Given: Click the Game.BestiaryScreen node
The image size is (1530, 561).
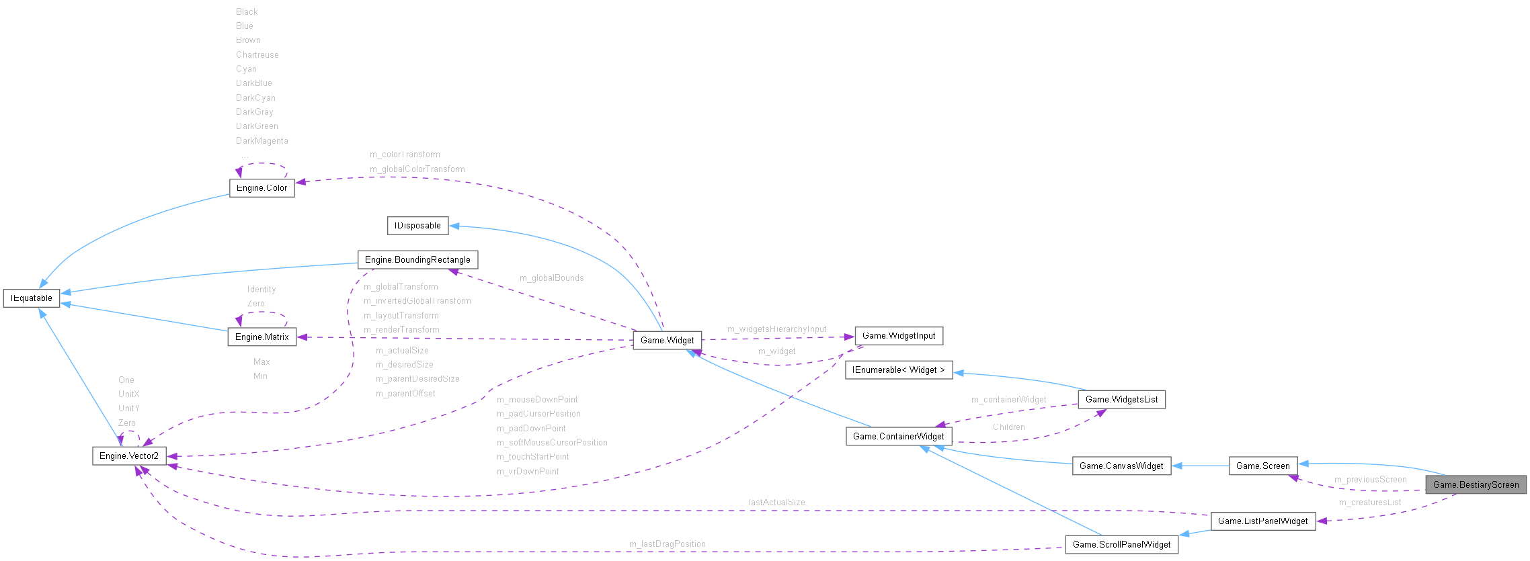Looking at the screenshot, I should (x=1476, y=484).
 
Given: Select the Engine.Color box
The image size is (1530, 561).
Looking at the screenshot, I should (x=261, y=188).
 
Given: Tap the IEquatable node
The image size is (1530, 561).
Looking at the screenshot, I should (x=32, y=298).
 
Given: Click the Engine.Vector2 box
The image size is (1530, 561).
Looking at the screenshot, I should (x=129, y=456).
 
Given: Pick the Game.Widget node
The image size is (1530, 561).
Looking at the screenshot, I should (x=667, y=341).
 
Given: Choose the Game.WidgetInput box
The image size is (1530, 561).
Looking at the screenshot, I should (x=899, y=336).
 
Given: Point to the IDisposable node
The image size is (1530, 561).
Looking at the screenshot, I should (x=417, y=226).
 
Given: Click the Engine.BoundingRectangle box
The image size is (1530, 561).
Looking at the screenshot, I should (x=417, y=260).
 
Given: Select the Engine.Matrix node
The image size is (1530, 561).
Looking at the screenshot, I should (x=262, y=337).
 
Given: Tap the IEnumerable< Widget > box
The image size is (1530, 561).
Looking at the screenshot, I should (x=898, y=370).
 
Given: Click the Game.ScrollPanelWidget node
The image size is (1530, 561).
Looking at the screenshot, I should (x=1121, y=545).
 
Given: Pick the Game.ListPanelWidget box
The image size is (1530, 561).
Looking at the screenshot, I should (x=1262, y=521).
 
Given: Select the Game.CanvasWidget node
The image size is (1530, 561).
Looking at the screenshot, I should (x=1121, y=466).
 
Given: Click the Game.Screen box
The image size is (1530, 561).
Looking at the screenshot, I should (x=1262, y=466).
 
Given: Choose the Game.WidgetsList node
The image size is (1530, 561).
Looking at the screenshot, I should (x=1121, y=400).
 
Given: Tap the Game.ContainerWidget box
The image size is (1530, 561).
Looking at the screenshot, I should (x=898, y=437).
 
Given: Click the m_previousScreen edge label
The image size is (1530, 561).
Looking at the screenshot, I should (x=1370, y=480).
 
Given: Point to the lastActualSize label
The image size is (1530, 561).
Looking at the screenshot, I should (x=776, y=503).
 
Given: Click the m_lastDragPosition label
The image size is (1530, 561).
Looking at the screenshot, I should (x=667, y=544).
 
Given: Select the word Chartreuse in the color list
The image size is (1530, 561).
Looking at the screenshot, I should (x=257, y=55).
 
